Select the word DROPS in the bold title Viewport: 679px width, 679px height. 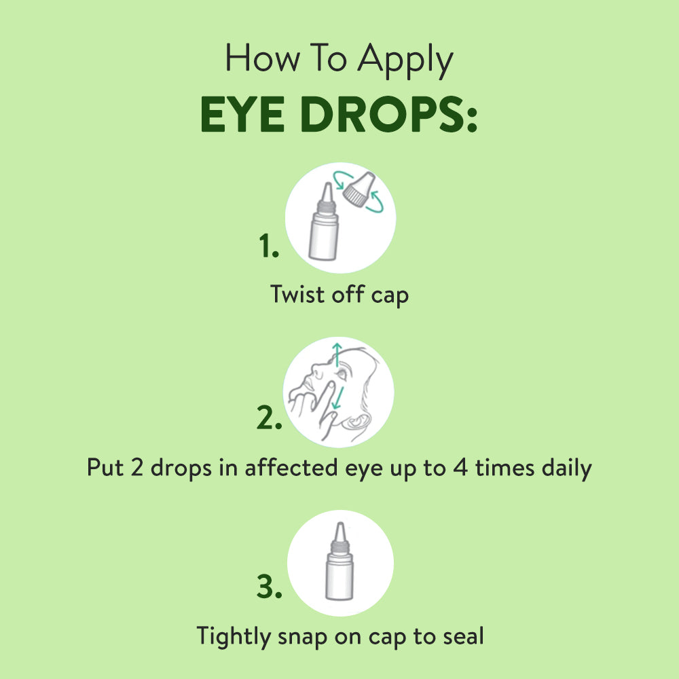point(390,116)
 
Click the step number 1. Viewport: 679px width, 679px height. point(268,248)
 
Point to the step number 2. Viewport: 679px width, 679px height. point(269,419)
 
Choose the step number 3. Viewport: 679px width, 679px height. point(269,588)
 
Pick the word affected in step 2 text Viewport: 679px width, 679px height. point(301,467)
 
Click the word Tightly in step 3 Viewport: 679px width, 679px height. point(233,637)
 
